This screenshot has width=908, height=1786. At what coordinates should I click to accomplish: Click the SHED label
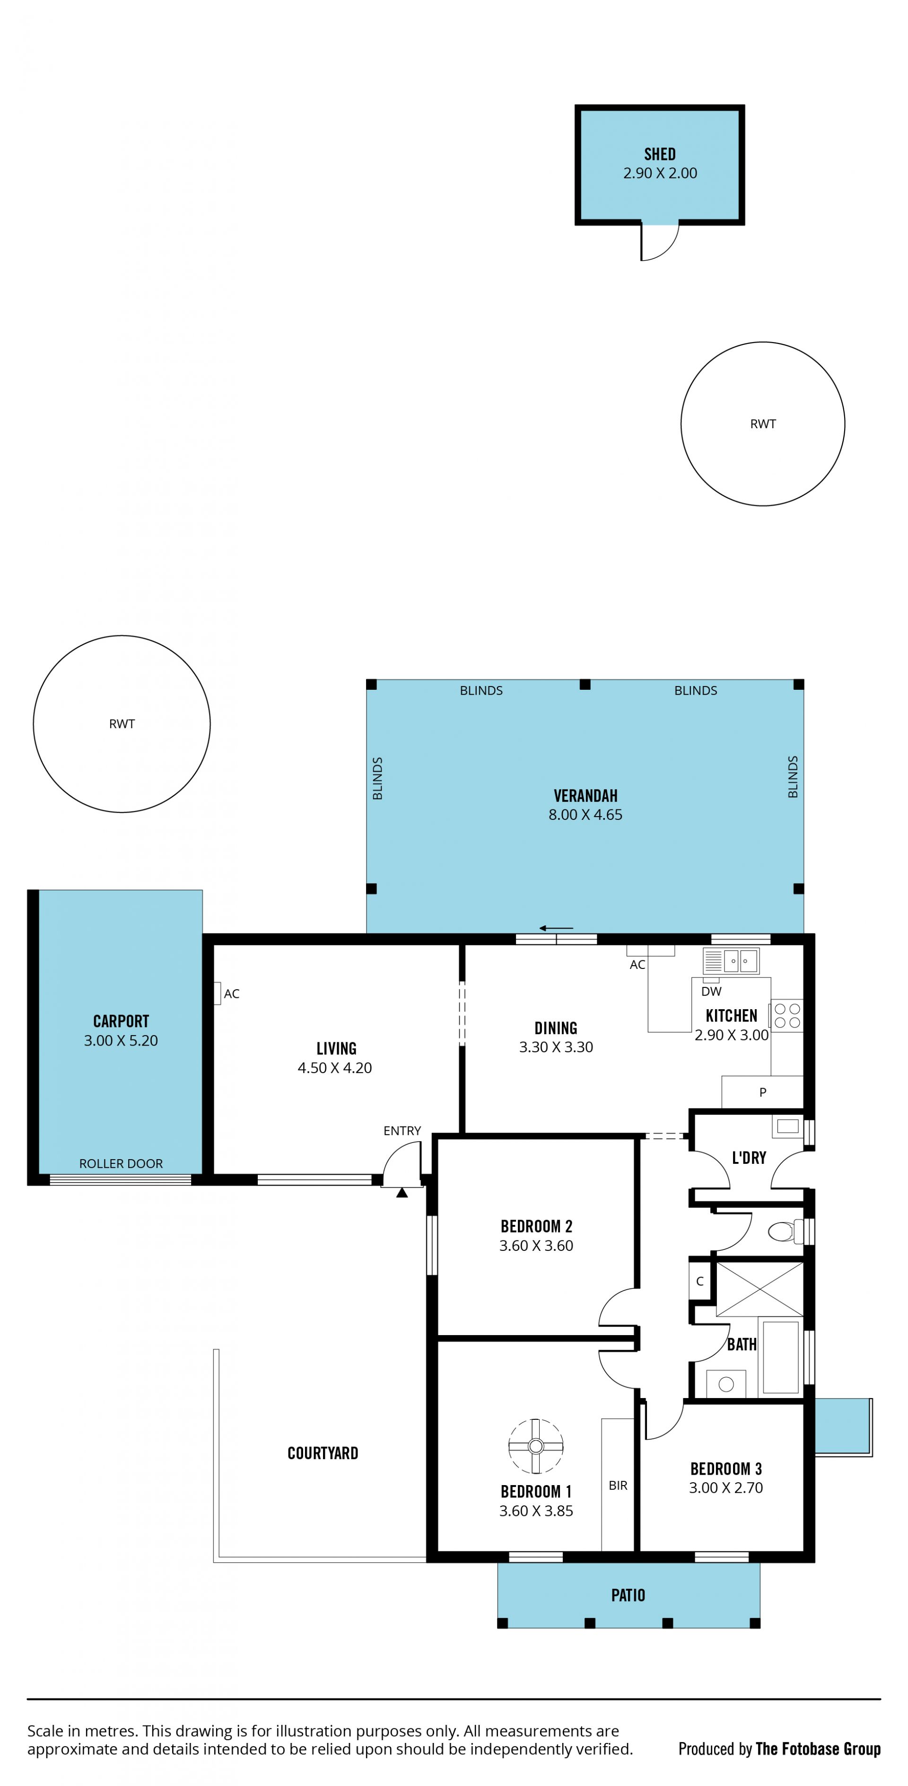tap(659, 154)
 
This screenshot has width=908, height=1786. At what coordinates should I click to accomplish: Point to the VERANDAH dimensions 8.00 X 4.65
tap(585, 815)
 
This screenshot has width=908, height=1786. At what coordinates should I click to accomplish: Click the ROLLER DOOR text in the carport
tap(121, 1164)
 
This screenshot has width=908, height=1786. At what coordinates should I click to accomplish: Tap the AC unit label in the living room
tap(232, 994)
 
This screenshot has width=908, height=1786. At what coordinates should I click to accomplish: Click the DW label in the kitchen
tap(711, 992)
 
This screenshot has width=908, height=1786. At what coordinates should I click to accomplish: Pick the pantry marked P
tap(762, 1092)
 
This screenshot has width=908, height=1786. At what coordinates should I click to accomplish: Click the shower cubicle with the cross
tap(760, 1289)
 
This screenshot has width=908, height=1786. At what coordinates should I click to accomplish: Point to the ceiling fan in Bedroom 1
tap(536, 1446)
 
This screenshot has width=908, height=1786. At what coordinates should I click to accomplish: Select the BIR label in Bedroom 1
tap(618, 1486)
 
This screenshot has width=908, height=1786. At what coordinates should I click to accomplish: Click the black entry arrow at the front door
tap(402, 1193)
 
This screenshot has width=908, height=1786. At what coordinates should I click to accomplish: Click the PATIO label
tap(628, 1595)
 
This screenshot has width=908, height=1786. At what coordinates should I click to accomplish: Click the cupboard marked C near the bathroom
tap(700, 1281)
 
